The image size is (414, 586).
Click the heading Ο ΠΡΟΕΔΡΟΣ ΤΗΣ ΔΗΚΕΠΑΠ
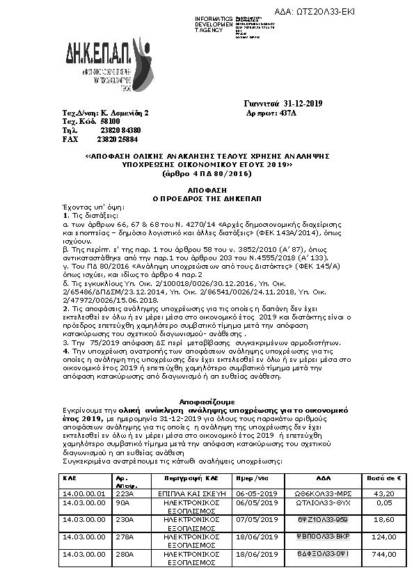tap(206, 198)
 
